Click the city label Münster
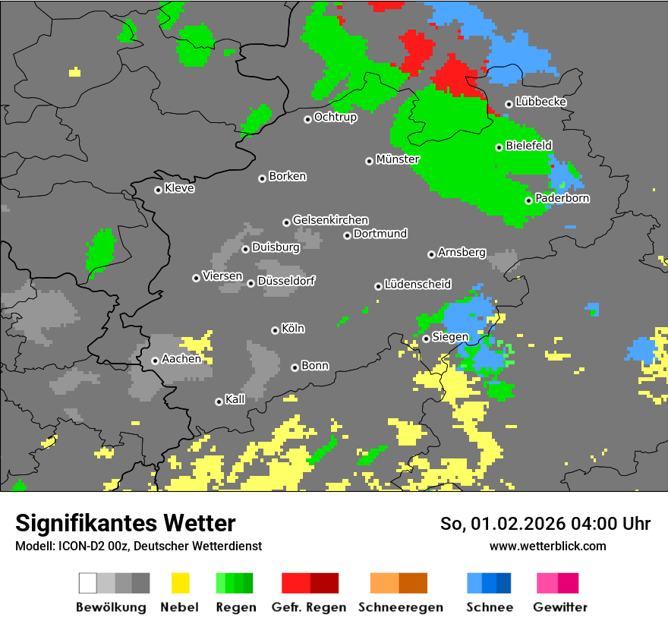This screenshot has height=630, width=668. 398,159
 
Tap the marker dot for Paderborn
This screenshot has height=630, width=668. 529,200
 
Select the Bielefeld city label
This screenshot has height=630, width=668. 528,146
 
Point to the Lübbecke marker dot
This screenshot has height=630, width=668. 509,105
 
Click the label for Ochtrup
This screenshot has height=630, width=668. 336,118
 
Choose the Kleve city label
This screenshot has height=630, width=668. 179,188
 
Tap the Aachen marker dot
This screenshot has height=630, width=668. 155,361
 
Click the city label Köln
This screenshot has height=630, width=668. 293,329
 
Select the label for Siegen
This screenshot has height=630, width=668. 450,337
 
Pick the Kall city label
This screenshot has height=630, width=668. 235,399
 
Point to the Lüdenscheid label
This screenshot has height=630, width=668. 417,285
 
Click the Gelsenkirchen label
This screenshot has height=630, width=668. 330,220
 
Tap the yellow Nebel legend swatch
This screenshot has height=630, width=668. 180,583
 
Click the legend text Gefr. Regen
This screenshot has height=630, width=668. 309,607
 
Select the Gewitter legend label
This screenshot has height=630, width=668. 560,607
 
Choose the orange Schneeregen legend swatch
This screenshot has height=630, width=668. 384,583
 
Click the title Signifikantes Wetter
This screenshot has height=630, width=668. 125,523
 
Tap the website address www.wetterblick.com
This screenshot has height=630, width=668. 548,546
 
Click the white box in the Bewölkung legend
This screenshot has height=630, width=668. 88,583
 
